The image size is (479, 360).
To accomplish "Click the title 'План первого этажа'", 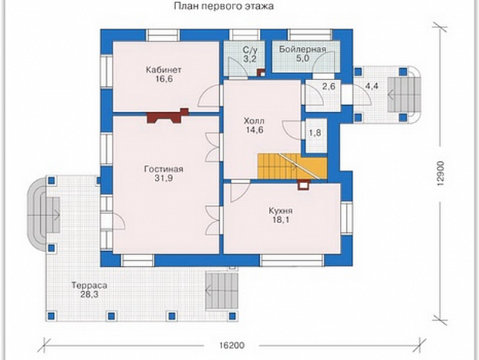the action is coord(224,6).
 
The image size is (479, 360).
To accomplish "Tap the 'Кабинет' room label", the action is coord(164,70).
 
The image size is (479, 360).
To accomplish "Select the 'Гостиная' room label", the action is coord(164,169).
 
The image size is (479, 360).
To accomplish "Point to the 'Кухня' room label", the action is coord(280,211).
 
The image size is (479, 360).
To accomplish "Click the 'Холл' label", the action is coord(254,121).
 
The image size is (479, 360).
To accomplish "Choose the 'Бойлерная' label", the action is coord(302,49).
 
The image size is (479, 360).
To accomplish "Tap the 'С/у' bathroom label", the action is coord(250,50).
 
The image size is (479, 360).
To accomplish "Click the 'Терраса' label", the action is coord(89,285).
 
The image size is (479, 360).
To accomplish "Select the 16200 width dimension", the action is coord(232,346).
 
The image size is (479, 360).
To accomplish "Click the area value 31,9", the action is coord(164,178).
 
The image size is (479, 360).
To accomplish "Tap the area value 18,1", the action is coord(281,219).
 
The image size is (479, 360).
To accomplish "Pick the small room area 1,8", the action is coord(315,133).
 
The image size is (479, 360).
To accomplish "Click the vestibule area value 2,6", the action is coord(329,86).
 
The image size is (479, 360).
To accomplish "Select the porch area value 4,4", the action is coord(372,86).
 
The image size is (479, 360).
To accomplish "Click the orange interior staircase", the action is coord(292,166).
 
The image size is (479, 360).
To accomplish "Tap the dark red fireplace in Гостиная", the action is coord(168,116).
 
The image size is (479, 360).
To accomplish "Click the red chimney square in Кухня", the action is coord(304,185).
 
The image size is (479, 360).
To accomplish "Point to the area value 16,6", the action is coord(164,79).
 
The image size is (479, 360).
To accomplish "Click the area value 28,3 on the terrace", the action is coord(89,294).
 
